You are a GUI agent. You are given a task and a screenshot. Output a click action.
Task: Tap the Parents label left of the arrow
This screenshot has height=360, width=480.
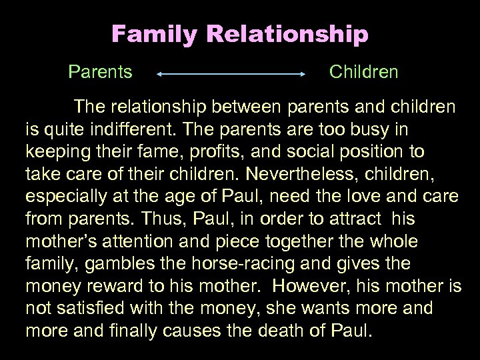99,71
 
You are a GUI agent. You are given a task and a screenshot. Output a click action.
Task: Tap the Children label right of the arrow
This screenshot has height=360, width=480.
364,71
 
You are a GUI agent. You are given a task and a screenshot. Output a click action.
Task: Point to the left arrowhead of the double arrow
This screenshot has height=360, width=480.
159,76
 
